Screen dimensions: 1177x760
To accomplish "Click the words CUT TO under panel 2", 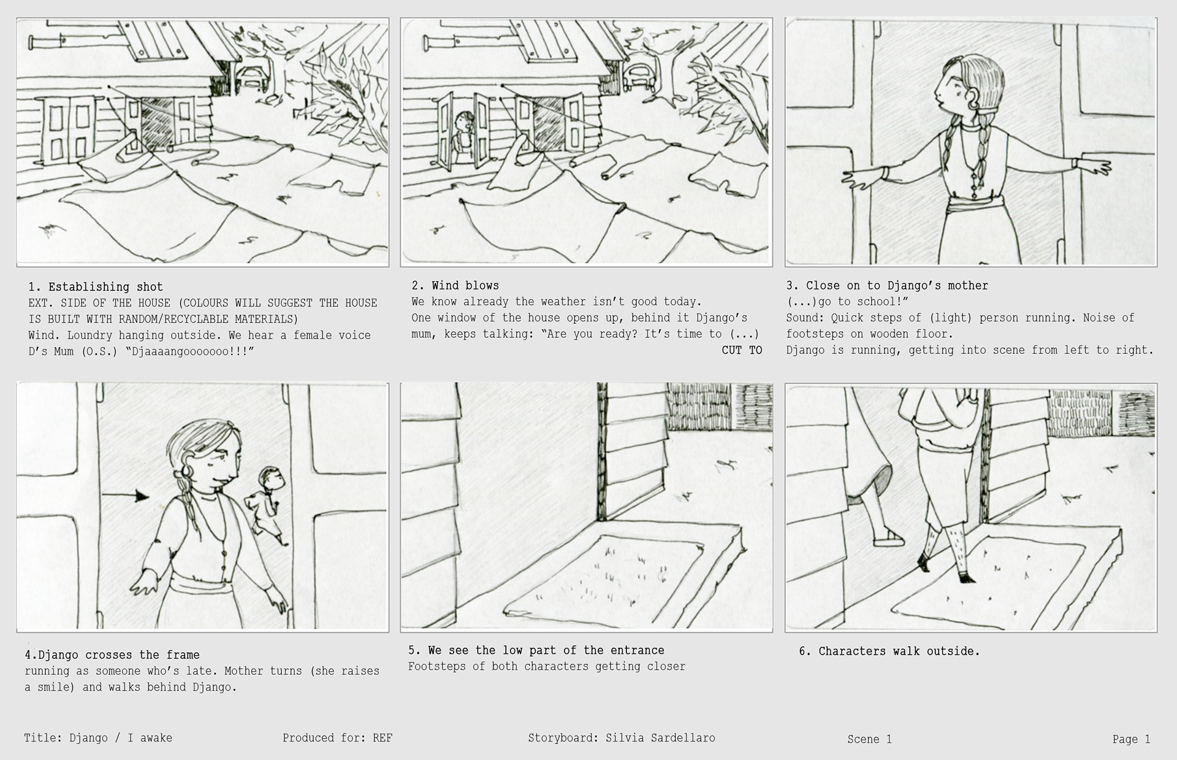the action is coord(742,350).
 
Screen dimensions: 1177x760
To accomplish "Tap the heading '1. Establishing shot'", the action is coord(96,286).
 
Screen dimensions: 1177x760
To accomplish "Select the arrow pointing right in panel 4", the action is coord(125,495).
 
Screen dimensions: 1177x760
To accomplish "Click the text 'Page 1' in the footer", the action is coord(1131,739).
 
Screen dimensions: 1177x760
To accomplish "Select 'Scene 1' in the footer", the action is coord(869,739).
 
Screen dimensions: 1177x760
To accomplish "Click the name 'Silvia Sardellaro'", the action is coord(660,738).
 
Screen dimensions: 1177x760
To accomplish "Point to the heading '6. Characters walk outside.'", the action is coord(889,651).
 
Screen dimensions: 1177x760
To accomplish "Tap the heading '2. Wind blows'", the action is coord(455,285).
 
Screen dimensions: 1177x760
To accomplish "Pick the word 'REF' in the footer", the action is coord(383,738).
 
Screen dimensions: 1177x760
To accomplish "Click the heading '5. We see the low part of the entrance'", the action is coord(536,650).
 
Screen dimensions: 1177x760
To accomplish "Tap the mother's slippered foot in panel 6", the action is coord(888,539).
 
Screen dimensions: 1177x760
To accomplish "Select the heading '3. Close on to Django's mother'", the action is coord(887,285).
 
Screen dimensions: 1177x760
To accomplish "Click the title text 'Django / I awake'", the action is coord(121,738).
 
